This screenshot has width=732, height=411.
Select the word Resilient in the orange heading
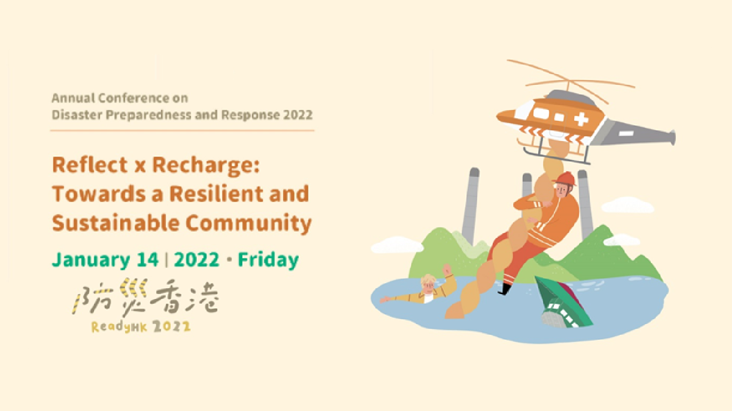pyautogui.click(x=216, y=194)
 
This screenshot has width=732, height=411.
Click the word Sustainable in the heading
pyautogui.click(x=115, y=223)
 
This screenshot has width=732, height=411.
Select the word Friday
pyautogui.click(x=268, y=260)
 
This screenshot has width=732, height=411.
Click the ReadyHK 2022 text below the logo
pyautogui.click(x=141, y=327)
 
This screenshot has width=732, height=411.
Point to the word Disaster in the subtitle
pyautogui.click(x=77, y=115)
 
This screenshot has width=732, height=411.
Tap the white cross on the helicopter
pyautogui.click(x=581, y=119)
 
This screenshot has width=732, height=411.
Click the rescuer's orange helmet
pyautogui.click(x=564, y=179)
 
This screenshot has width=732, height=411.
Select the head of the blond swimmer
pyautogui.click(x=428, y=284)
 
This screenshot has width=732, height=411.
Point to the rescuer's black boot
pyautogui.click(x=505, y=289)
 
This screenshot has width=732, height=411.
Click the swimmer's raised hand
pyautogui.click(x=446, y=270)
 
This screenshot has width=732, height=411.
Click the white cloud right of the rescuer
pyautogui.click(x=628, y=205)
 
